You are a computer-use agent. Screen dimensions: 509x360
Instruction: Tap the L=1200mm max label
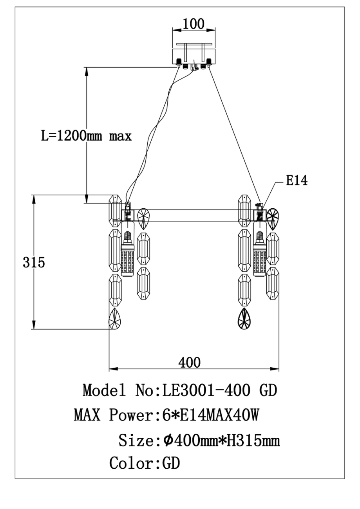(x=87, y=136)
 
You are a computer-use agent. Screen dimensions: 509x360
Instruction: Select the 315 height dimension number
(x=34, y=262)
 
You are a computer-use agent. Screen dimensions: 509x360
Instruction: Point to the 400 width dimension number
(x=190, y=363)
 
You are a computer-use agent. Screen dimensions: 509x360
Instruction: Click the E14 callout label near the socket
(x=297, y=181)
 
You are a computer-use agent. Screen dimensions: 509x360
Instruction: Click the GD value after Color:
(x=171, y=464)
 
